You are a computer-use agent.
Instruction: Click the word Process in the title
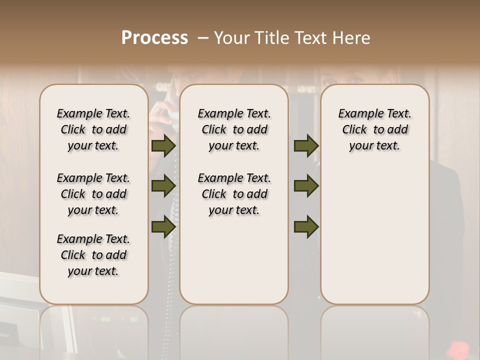(x=154, y=37)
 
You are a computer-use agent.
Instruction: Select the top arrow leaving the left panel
(x=163, y=146)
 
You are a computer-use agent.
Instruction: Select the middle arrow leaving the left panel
(x=163, y=186)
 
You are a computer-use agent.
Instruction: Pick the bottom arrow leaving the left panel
(x=163, y=226)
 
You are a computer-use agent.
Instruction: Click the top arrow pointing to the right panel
(x=306, y=146)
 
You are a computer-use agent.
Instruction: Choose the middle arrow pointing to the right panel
(x=306, y=186)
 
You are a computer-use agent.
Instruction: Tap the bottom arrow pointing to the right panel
(x=306, y=226)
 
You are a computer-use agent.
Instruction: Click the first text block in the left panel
(x=93, y=129)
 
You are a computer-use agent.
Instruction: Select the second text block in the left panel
(x=93, y=194)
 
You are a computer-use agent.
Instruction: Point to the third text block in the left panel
(x=93, y=255)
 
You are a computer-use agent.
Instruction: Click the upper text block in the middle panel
(x=234, y=129)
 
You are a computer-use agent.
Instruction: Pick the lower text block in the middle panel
(x=234, y=194)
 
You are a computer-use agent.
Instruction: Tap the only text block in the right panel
(x=375, y=129)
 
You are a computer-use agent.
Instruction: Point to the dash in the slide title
(x=203, y=38)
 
